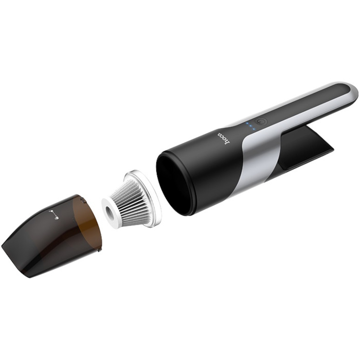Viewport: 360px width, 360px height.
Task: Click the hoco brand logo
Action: [223, 139]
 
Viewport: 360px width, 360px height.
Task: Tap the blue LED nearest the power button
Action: [254, 129]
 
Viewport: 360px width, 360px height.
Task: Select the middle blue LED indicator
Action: [250, 127]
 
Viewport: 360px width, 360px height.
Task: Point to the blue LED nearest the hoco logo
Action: [247, 123]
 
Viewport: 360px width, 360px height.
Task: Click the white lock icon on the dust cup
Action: [54, 214]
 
